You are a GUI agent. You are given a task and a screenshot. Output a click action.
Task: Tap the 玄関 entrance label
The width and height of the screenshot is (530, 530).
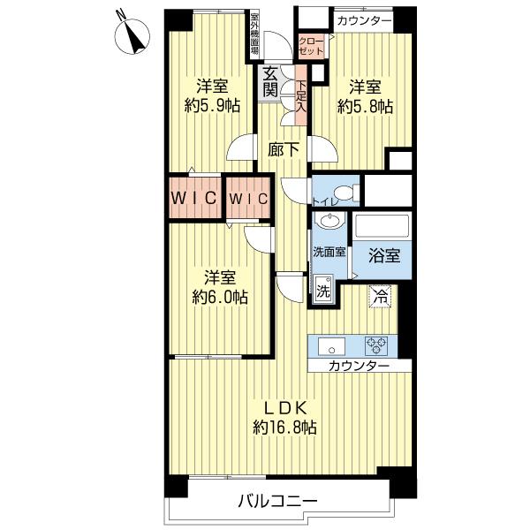pyautogui.click(x=269, y=82)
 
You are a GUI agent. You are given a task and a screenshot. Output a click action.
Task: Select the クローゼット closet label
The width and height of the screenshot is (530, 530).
pyautogui.click(x=311, y=47)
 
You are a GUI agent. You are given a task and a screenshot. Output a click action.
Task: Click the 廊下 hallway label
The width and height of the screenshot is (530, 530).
pyautogui.click(x=284, y=149)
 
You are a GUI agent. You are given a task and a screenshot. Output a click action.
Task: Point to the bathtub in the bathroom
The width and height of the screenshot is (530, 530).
pyautogui.click(x=382, y=227)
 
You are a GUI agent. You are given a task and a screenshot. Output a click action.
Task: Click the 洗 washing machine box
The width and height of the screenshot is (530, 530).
pyautogui.click(x=323, y=289)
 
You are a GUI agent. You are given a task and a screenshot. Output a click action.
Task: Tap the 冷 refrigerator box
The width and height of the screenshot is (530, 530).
pyautogui.click(x=379, y=297)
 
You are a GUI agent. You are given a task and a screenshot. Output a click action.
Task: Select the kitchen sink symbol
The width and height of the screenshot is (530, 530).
pyautogui.click(x=331, y=344)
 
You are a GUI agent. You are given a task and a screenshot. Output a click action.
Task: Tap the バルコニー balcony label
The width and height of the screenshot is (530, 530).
pyautogui.click(x=276, y=502)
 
